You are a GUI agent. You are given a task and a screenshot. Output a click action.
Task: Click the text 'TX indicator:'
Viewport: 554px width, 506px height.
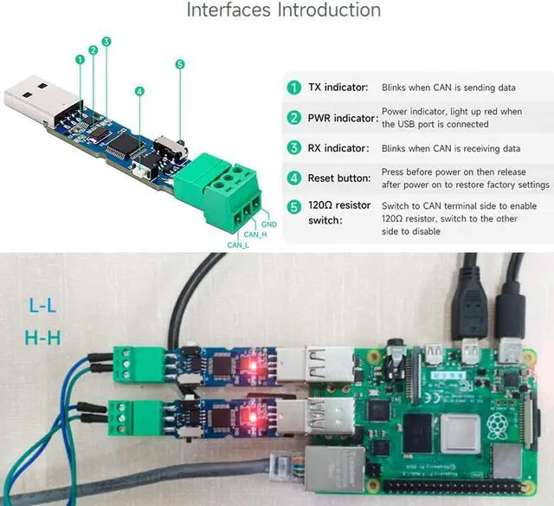click(339, 88)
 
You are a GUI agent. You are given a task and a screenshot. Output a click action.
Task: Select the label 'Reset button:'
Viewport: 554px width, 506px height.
click(340, 177)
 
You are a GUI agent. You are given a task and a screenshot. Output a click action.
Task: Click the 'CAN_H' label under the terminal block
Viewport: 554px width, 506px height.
click(254, 234)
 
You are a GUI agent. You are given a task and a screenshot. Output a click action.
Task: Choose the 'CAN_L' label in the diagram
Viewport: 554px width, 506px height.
click(238, 245)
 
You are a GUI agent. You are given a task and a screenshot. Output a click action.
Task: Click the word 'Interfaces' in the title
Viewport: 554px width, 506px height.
click(228, 10)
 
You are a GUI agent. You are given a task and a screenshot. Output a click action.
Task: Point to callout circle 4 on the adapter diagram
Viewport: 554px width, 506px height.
click(139, 91)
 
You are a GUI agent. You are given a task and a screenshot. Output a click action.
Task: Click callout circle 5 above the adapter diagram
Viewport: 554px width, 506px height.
click(179, 64)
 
